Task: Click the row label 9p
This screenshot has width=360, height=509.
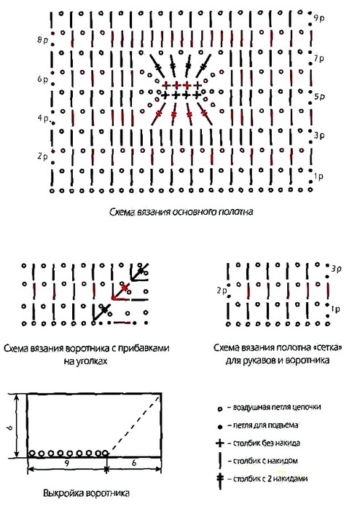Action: pyautogui.click(x=318, y=19)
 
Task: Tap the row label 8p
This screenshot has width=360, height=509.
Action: pyautogui.click(x=42, y=40)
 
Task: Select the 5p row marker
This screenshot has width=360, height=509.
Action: pyautogui.click(x=319, y=97)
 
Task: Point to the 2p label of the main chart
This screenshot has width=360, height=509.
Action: pyautogui.click(x=42, y=157)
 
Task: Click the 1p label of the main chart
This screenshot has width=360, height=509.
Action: pyautogui.click(x=318, y=177)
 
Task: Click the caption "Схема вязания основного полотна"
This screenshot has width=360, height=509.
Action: pyautogui.click(x=181, y=213)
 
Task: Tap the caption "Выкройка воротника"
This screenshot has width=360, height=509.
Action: pyautogui.click(x=87, y=494)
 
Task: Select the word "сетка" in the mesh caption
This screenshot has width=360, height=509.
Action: pyautogui.click(x=329, y=348)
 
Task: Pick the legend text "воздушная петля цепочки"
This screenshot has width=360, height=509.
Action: pyautogui.click(x=277, y=407)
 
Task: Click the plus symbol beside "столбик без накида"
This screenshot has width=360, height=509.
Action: pyautogui.click(x=220, y=443)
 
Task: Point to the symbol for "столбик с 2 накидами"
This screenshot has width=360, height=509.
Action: pyautogui.click(x=220, y=480)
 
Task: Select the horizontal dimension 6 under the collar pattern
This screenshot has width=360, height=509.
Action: pyautogui.click(x=134, y=464)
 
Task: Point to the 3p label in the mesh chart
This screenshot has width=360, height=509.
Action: pyautogui.click(x=336, y=269)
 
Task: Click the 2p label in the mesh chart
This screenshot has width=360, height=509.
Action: pyautogui.click(x=222, y=291)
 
